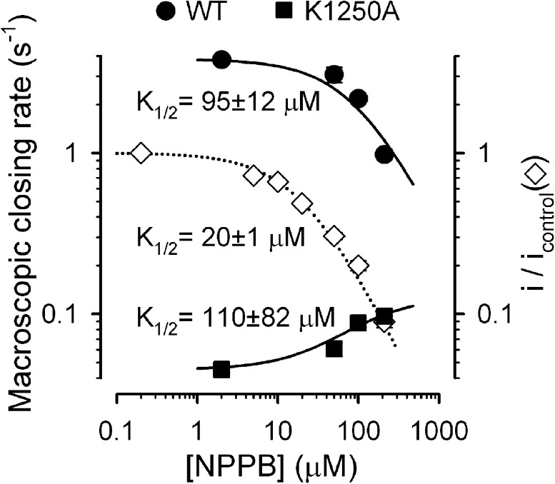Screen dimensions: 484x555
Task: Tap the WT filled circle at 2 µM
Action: pos(221,61)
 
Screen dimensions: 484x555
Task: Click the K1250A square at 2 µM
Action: pos(221,369)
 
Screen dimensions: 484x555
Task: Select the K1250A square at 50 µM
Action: pos(334,348)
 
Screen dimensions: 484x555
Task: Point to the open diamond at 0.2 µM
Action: pos(140,153)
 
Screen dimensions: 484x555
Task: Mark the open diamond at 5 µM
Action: pos(253,176)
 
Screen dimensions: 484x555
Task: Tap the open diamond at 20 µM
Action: pos(302,204)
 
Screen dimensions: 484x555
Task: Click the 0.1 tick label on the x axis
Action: pos(116,430)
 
